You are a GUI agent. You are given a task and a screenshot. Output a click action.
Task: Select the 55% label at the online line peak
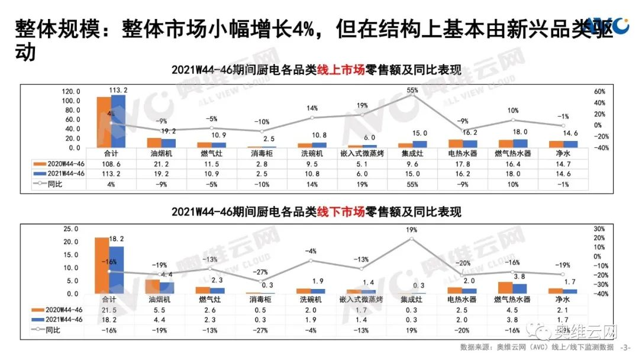tap(412, 90)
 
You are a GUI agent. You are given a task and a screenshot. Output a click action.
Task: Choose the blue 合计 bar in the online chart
tap(118, 121)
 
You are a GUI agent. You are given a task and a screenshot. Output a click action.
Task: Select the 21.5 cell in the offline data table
tap(111, 308)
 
